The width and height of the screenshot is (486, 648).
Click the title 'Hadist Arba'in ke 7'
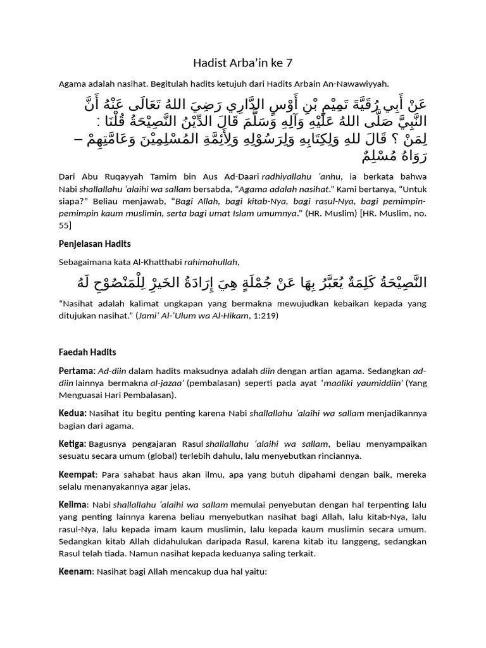(242, 63)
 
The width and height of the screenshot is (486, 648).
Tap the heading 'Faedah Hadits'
(87, 352)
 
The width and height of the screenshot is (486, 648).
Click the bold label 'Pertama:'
(77, 370)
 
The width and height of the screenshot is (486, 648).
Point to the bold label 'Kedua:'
(73, 413)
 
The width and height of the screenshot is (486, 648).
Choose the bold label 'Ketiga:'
(73, 444)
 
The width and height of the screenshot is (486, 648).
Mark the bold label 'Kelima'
(73, 504)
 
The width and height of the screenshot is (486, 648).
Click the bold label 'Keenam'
(75, 571)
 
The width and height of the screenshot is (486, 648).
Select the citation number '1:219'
(261, 315)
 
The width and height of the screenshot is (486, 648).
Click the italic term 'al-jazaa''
(167, 383)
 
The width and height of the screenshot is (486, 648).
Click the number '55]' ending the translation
(65, 225)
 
